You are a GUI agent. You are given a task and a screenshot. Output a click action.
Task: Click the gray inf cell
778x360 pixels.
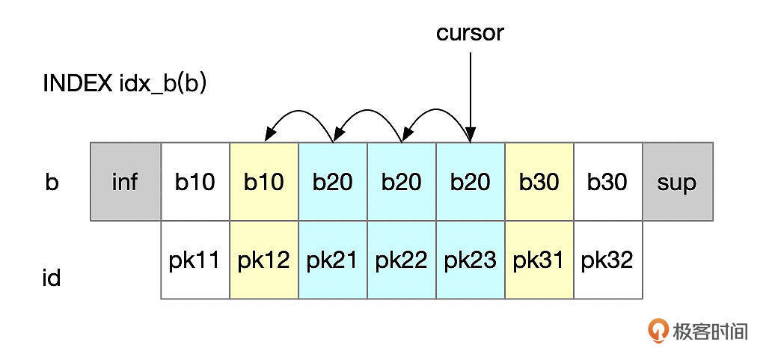[x=125, y=182]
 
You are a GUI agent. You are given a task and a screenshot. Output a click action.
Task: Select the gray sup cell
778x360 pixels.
[x=677, y=182]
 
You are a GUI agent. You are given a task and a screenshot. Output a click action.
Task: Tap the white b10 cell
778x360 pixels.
[x=195, y=182]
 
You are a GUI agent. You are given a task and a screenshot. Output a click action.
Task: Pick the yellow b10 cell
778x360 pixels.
[x=264, y=182]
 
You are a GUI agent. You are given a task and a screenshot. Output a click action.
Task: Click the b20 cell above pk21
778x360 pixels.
[x=333, y=182]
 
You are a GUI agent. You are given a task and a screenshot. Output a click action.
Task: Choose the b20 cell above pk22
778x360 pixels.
[x=402, y=182]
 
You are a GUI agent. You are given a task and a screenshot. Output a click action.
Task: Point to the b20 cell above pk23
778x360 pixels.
[x=471, y=182]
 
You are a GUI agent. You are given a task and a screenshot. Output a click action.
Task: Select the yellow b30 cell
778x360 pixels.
[x=539, y=182]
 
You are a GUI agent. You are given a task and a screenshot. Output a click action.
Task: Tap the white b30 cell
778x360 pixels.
[x=607, y=182]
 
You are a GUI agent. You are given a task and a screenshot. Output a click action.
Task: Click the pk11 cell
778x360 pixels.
[x=195, y=260]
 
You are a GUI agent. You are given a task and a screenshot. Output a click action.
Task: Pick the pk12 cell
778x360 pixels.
[x=264, y=260]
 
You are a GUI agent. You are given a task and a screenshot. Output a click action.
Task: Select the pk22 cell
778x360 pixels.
[x=402, y=260]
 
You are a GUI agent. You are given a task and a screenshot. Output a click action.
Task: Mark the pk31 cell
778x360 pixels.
[x=539, y=260]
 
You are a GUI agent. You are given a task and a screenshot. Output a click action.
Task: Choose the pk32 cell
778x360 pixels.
[x=607, y=260]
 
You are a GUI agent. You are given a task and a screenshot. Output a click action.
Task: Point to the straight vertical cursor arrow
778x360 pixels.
[x=471, y=90]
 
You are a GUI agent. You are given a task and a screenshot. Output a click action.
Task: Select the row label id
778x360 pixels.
[x=52, y=278]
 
